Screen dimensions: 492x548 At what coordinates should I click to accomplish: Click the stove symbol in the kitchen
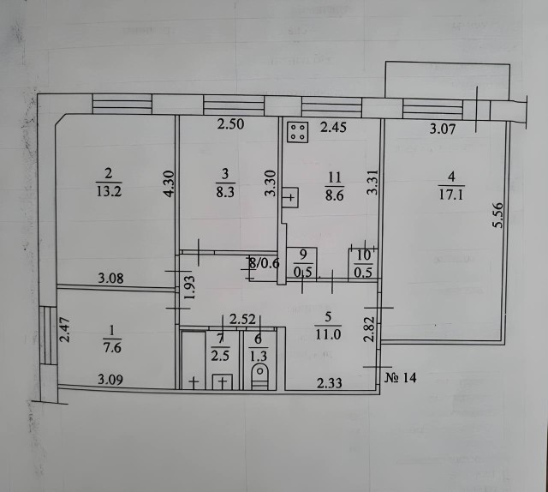coord(298,131)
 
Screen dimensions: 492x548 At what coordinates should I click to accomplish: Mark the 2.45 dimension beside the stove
coord(333,129)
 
